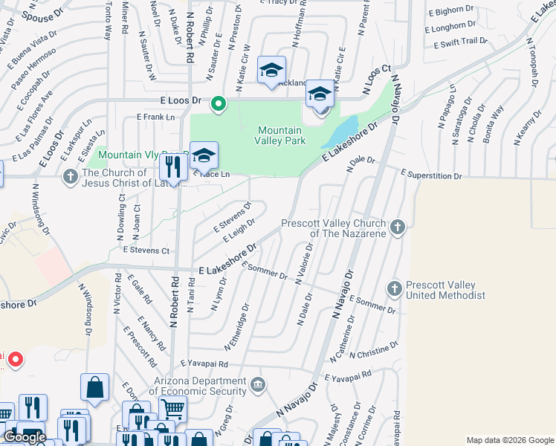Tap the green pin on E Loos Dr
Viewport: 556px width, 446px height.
218,104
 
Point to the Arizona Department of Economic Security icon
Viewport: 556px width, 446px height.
257,384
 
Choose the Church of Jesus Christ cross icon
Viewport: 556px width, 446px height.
71,177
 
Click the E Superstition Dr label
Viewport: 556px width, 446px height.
431,176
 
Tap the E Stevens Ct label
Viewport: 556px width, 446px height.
146,251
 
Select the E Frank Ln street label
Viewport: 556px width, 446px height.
155,117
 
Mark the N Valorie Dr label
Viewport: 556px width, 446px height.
303,263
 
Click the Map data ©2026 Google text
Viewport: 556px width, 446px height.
509,440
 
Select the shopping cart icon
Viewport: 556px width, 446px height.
172,408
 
